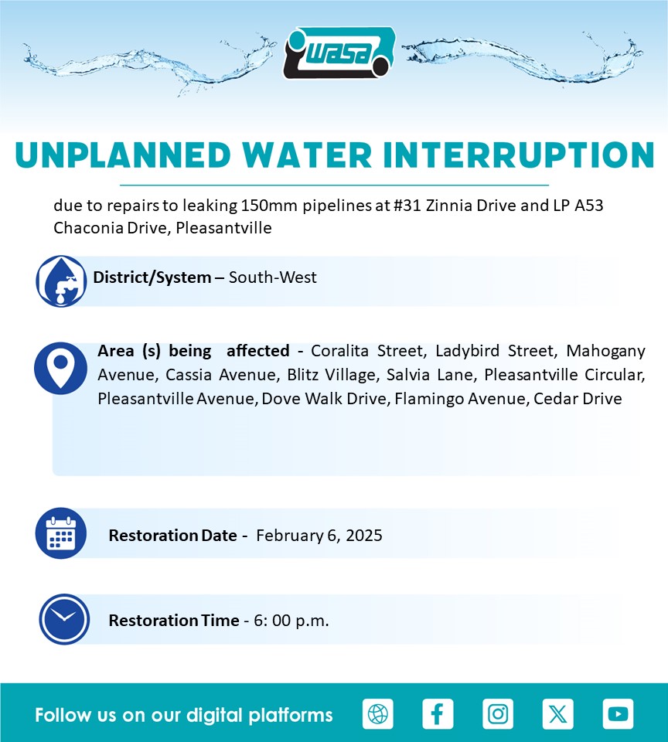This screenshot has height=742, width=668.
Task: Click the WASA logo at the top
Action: pyautogui.click(x=339, y=53)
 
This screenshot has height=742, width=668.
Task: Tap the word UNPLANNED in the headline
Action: pyautogui.click(x=123, y=155)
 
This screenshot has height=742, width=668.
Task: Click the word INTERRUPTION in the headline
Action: pyautogui.click(x=519, y=155)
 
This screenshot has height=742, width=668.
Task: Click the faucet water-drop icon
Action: pyautogui.click(x=61, y=281)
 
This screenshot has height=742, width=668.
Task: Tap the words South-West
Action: pyautogui.click(x=273, y=277)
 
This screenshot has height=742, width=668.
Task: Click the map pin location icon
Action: pyautogui.click(x=60, y=368)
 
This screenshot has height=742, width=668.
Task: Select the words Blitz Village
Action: pyautogui.click(x=332, y=375)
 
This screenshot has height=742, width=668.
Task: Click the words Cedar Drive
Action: pyautogui.click(x=578, y=399)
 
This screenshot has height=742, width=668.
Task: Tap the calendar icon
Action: pyautogui.click(x=61, y=533)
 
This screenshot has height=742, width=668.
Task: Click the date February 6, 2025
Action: pyautogui.click(x=319, y=535)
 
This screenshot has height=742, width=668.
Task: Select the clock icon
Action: pyautogui.click(x=64, y=619)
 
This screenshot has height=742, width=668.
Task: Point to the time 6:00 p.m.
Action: pyautogui.click(x=291, y=621)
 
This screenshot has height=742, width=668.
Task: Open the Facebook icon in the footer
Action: pyautogui.click(x=438, y=713)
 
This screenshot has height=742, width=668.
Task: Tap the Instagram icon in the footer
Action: pyautogui.click(x=498, y=713)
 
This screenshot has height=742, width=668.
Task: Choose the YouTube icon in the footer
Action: pyautogui.click(x=619, y=713)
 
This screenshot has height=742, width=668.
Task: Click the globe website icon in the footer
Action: pyautogui.click(x=378, y=713)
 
